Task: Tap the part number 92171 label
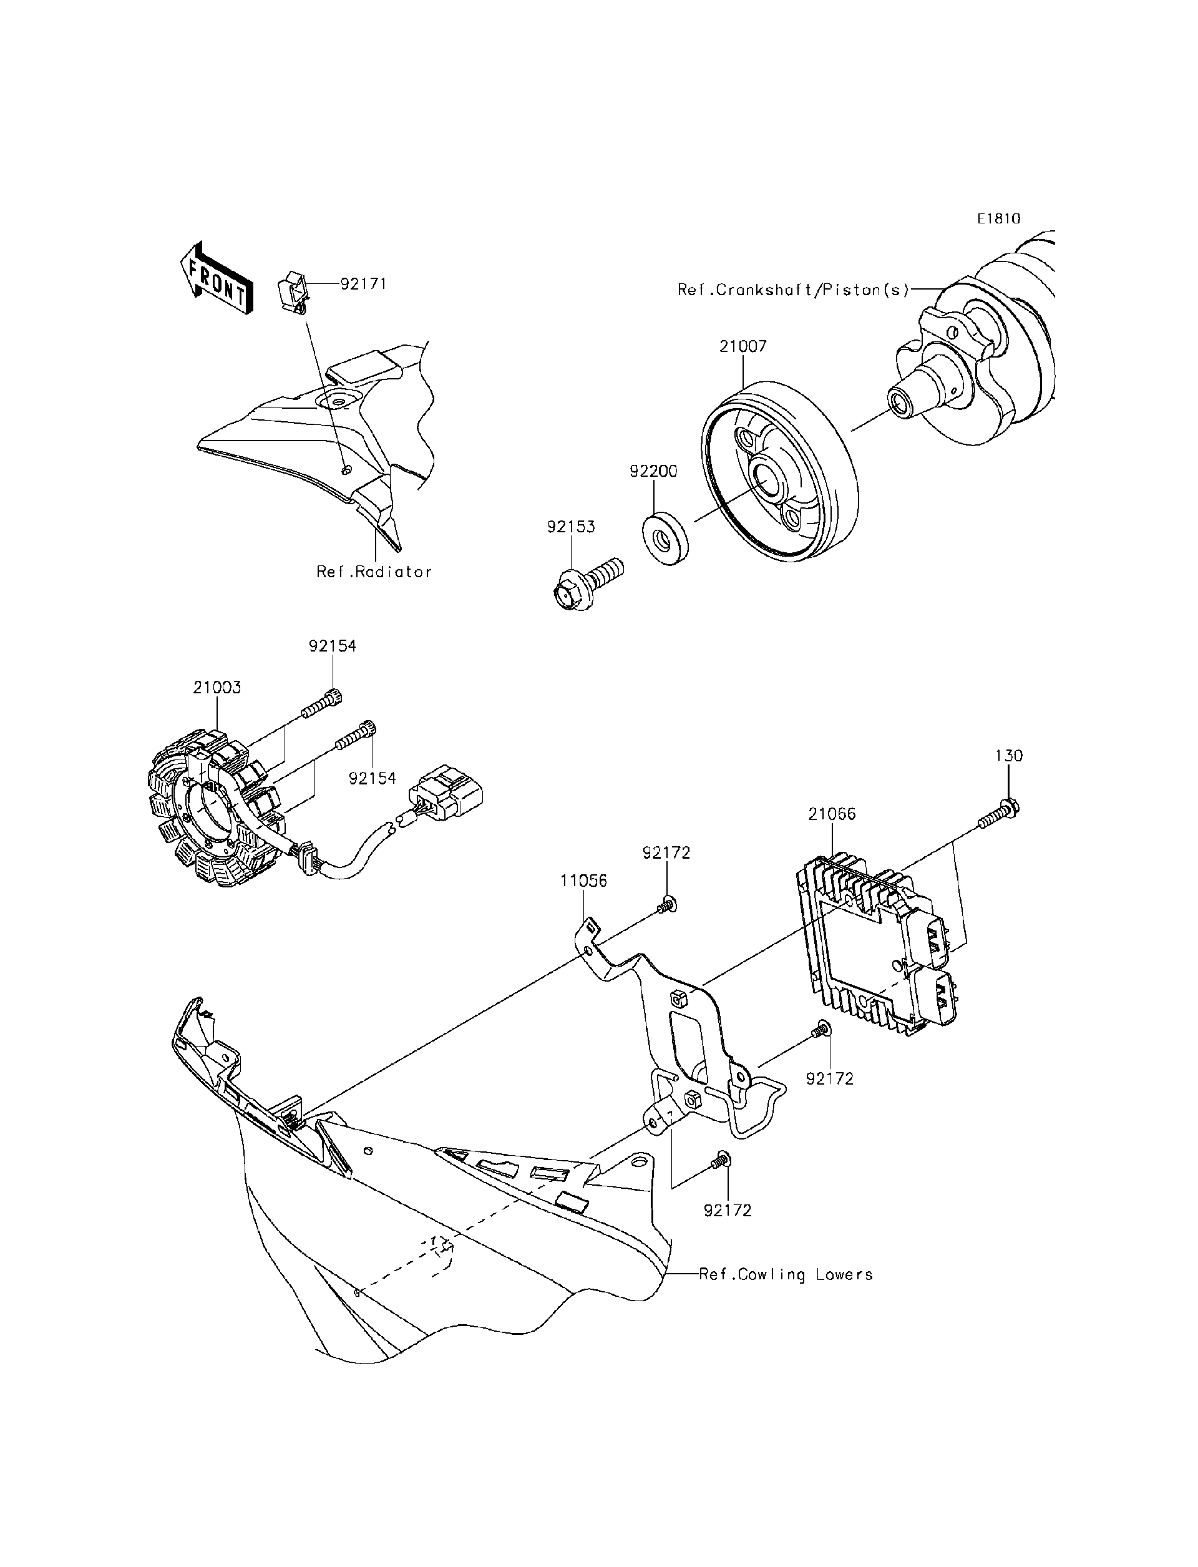(x=363, y=284)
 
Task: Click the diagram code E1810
(x=998, y=219)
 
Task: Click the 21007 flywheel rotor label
(x=743, y=346)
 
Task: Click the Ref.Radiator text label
(x=374, y=572)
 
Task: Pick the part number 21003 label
(x=217, y=688)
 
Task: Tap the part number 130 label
(x=1008, y=755)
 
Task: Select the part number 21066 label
(x=832, y=814)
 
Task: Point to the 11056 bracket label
(x=583, y=881)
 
